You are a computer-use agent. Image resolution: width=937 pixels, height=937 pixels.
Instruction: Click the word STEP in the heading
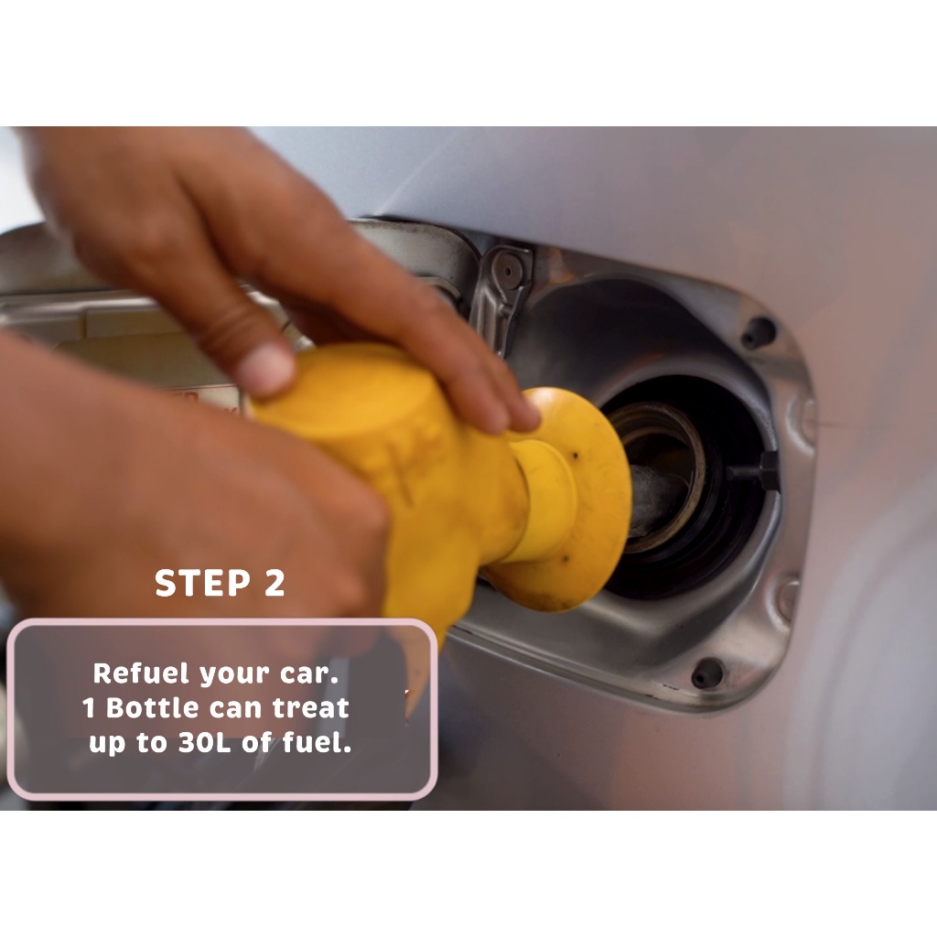pyautogui.click(x=202, y=583)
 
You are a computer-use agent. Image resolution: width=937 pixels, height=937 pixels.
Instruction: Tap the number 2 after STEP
pyautogui.click(x=275, y=583)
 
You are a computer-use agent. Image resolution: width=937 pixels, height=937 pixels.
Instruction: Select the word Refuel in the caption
pyautogui.click(x=141, y=673)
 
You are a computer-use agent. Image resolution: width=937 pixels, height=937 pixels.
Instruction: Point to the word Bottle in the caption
pyautogui.click(x=153, y=708)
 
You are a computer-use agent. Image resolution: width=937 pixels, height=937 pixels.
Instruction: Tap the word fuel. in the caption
pyautogui.click(x=317, y=743)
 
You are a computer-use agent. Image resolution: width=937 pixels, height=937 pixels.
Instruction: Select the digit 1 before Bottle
pyautogui.click(x=89, y=708)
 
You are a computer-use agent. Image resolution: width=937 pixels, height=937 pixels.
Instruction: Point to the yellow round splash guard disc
pyautogui.click(x=574, y=499)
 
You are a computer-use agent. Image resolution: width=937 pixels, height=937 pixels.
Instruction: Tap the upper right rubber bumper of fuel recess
pyautogui.click(x=759, y=332)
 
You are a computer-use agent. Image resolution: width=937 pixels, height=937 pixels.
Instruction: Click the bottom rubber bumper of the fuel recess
pyautogui.click(x=707, y=673)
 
